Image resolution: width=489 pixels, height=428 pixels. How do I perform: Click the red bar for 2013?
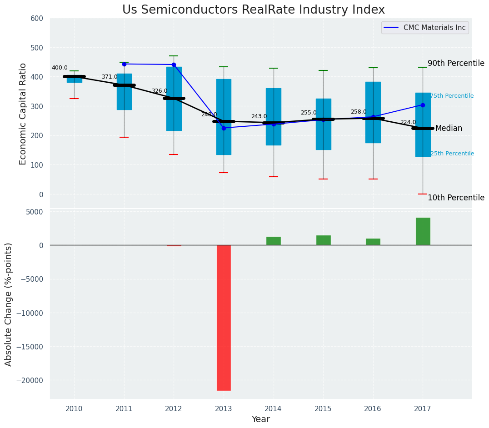point(224,318)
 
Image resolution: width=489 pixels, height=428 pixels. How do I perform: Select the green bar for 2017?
point(423,231)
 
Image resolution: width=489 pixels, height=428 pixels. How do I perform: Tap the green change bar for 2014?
point(274,241)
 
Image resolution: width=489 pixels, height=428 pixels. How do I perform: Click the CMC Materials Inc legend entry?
point(434,28)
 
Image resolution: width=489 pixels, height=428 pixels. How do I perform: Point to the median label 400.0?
point(60,68)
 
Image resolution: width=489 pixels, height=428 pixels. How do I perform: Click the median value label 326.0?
point(160,91)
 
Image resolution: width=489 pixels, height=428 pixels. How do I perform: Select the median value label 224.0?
point(408,123)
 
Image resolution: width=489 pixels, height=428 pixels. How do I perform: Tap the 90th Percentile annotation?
point(456,64)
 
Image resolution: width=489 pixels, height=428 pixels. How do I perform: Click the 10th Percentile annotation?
point(456,198)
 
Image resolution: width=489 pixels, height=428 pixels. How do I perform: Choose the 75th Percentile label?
point(452,96)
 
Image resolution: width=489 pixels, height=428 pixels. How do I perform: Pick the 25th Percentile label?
point(452,154)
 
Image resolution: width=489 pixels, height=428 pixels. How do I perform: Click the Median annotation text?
point(449,129)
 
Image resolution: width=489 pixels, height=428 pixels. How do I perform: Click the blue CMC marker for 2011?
point(124,64)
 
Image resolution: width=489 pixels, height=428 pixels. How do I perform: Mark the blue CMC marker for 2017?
point(423,105)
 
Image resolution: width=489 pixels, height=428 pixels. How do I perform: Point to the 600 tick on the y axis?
point(37,19)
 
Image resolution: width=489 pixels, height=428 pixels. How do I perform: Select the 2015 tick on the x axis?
point(323,409)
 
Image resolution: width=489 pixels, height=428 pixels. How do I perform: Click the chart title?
point(254,10)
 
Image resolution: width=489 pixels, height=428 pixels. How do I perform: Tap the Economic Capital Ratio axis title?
point(23,114)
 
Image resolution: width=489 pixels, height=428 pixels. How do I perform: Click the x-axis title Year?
point(261,419)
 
